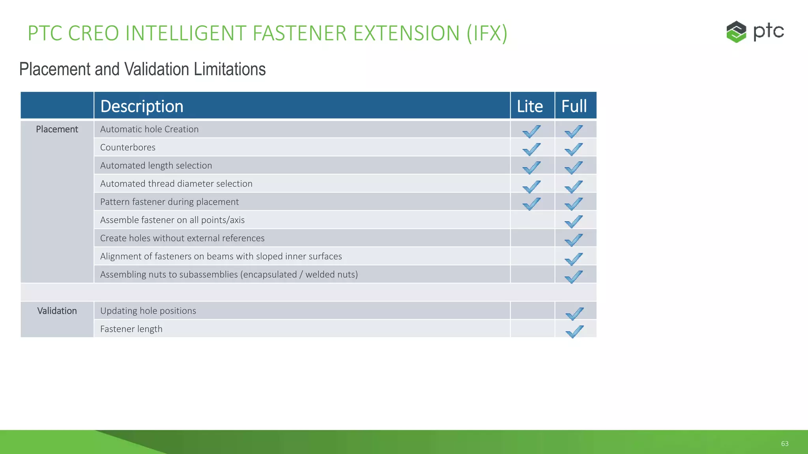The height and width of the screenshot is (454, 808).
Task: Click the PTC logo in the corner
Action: pos(754,32)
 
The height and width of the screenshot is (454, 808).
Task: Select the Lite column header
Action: pos(530,106)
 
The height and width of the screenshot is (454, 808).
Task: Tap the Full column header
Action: pos(574,106)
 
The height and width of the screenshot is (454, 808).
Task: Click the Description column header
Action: pos(142,106)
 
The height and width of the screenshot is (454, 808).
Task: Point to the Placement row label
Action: pos(57,129)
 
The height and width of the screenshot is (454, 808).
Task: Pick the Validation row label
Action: pos(57,311)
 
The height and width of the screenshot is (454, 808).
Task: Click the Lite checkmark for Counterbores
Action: pos(531,149)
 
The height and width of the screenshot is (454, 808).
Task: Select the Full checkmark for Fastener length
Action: pos(574,331)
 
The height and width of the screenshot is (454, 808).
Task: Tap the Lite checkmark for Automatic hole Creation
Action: pos(531,131)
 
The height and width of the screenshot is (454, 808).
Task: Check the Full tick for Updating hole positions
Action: pos(574,313)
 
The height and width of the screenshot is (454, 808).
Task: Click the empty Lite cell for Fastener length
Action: pos(532,329)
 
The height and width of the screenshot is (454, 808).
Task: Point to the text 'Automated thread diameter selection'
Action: pos(176,184)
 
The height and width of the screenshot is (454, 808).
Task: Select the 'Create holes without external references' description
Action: pos(182,238)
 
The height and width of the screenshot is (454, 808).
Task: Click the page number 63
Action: pos(785,444)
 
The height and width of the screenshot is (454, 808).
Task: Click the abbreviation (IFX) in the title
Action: pos(487,33)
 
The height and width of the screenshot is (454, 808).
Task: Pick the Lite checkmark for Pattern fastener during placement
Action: pos(531,204)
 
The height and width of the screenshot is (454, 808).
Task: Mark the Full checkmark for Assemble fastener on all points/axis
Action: pos(573,222)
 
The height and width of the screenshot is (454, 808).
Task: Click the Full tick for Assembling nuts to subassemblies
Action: pos(573,277)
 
